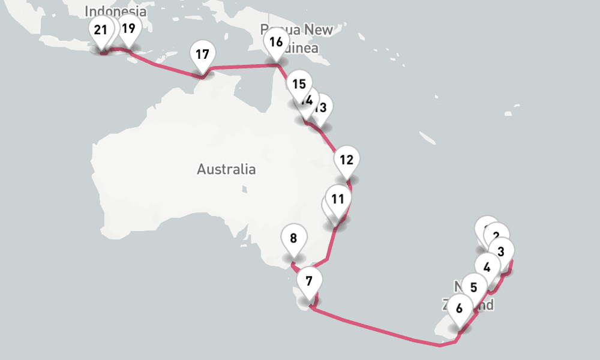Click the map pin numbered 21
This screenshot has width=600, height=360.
[x=100, y=30]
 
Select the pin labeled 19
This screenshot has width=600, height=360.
[x=128, y=28]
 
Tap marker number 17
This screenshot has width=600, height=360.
[x=202, y=55]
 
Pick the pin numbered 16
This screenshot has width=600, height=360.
[x=276, y=43]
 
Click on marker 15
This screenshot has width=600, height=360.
[x=299, y=84]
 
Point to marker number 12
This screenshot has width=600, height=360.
[x=346, y=160]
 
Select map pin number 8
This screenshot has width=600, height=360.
[x=293, y=238]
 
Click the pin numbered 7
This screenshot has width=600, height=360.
[x=309, y=281]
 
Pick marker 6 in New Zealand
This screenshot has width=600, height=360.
[x=460, y=309]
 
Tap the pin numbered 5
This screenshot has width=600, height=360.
[x=474, y=287]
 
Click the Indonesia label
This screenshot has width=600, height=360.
[x=115, y=11]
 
